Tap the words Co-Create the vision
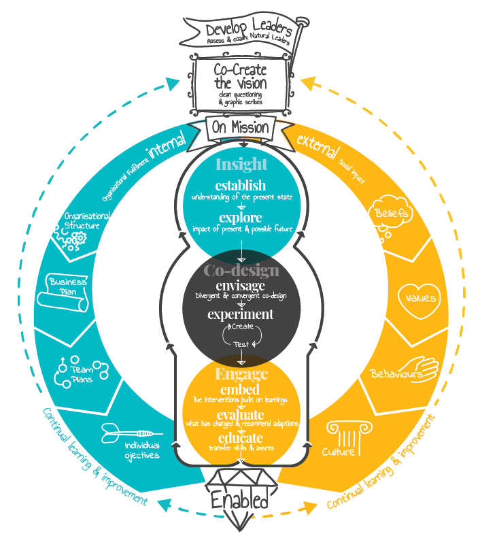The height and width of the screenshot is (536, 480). click(x=240, y=76)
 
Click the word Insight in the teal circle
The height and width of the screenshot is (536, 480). click(x=241, y=165)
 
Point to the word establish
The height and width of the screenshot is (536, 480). click(x=241, y=186)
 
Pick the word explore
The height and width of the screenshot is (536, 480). click(x=241, y=218)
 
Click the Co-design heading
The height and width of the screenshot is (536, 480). click(x=241, y=271)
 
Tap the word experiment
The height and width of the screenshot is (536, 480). click(x=241, y=314)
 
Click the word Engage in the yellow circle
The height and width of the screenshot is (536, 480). click(x=241, y=373)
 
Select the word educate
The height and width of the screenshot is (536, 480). click(x=241, y=439)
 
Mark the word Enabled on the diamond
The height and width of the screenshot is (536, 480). click(x=240, y=501)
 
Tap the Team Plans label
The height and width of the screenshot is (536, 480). click(x=82, y=374)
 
